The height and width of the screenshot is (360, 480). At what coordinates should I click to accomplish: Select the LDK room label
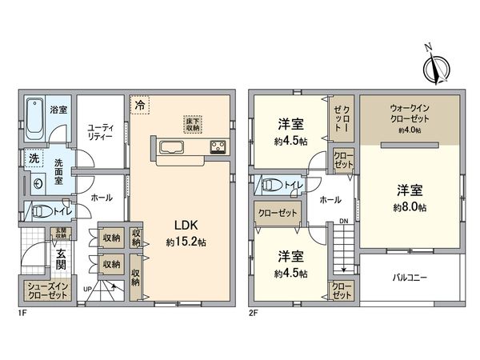click(186, 225)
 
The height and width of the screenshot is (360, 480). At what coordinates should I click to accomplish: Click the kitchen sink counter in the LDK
click(172, 146)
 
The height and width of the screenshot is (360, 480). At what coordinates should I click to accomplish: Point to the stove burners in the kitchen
click(218, 146)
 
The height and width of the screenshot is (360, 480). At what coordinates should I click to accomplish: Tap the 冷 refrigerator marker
click(140, 105)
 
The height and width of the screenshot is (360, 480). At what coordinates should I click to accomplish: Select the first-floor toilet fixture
click(40, 212)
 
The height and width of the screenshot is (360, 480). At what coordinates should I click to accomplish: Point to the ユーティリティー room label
click(101, 131)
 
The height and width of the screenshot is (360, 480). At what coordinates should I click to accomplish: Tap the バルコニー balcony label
click(409, 278)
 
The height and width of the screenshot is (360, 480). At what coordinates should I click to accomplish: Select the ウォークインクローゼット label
click(409, 110)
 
